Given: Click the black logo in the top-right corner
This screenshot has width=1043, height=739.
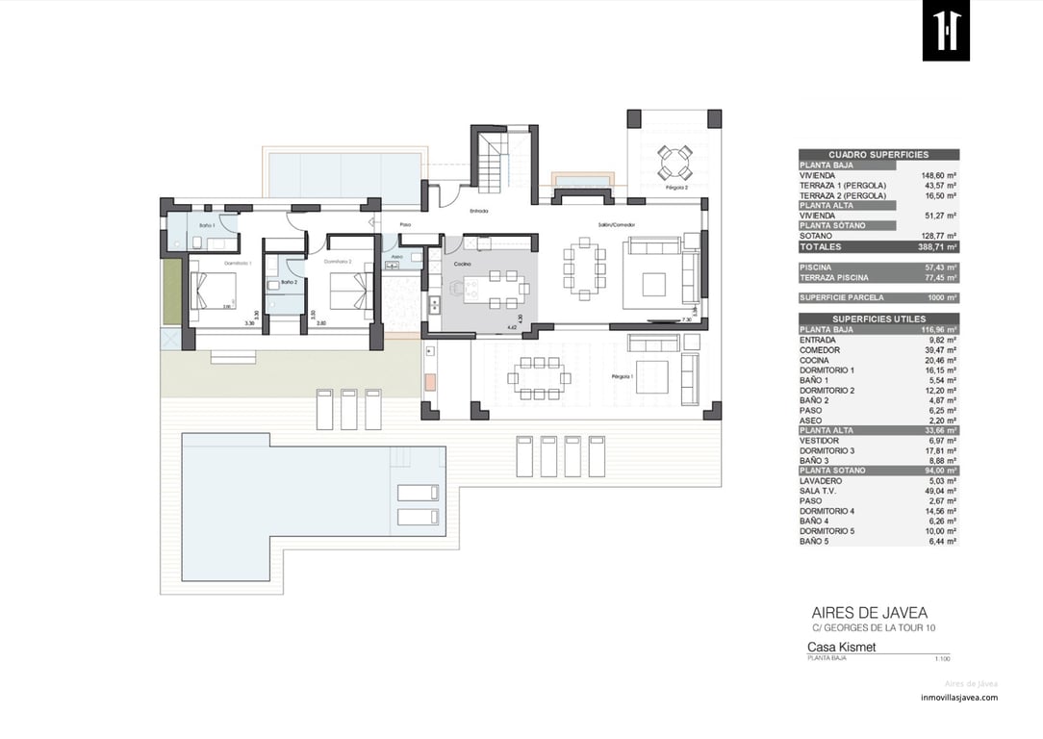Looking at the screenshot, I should pos(946,31).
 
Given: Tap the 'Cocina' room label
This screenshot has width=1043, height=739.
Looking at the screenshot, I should pos(463,264).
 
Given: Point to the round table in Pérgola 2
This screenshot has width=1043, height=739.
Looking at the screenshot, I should pos(674,162).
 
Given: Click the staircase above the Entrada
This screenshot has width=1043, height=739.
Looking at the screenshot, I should pos(493,163).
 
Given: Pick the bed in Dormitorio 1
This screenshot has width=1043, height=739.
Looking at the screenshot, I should pos(214,291).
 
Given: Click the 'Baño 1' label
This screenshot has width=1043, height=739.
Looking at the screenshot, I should pos(207,224).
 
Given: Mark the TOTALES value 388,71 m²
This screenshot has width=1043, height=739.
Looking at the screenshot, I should pos(938,247).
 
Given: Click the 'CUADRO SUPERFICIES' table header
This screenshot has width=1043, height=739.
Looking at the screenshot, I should pos(878,155).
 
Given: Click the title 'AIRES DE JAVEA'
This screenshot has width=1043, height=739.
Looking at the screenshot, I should pos(870,613).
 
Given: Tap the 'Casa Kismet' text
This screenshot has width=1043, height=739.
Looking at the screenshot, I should pos(841,648).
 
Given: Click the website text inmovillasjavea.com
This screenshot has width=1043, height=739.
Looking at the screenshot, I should pos(958,698).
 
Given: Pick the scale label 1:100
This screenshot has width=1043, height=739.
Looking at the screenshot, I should pos(942,659).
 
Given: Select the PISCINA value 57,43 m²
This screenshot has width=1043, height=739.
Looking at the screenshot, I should pos(938,268).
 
